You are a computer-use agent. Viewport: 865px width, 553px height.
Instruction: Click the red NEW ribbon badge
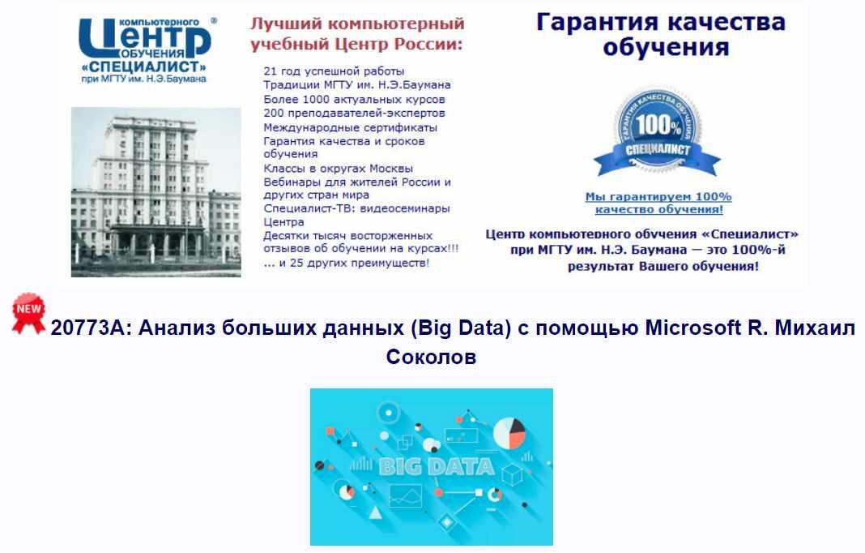point(28,313)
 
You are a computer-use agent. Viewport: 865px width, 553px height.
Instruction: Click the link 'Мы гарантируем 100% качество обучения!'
point(658,203)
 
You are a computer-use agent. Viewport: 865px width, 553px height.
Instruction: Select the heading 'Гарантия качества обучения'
point(661,34)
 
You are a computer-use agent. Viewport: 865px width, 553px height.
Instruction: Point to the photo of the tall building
point(156,191)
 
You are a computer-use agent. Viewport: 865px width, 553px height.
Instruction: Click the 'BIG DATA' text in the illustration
point(437,467)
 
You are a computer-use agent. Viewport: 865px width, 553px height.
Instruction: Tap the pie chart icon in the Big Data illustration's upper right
point(509,433)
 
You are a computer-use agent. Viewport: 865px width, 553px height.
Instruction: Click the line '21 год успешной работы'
point(334,71)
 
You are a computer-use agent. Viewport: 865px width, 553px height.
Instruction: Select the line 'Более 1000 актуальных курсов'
point(354,100)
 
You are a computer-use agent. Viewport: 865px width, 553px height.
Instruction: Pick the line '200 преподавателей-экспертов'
point(354,114)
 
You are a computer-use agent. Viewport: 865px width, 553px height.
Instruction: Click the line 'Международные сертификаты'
point(351,127)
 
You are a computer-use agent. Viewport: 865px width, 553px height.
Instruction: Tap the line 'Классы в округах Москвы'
point(339,169)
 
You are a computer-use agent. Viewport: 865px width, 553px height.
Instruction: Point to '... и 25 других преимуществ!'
point(347,263)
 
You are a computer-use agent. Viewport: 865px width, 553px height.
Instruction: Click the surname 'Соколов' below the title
point(431,357)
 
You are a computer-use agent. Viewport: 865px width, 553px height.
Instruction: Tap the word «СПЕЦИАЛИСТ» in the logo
point(144,66)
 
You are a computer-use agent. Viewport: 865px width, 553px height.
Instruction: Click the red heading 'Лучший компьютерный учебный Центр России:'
point(357,34)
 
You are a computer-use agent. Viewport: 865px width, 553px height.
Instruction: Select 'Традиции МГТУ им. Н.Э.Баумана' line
point(357,85)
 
